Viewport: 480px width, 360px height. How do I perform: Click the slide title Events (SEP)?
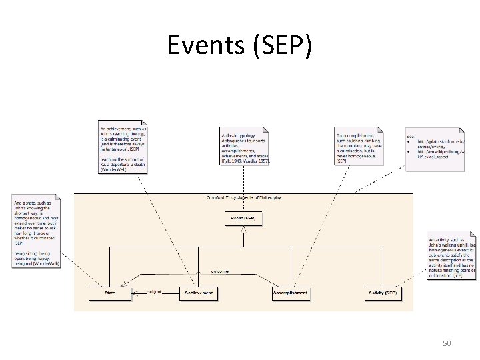point(239,45)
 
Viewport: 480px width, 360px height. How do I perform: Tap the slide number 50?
point(447,343)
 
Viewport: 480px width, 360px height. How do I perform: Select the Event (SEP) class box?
point(243,218)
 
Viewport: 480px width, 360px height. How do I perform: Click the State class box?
point(110,293)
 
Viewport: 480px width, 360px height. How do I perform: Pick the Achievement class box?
point(199,293)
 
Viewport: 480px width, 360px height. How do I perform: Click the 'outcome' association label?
point(220,271)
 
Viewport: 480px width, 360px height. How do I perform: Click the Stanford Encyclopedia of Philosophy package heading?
point(244,197)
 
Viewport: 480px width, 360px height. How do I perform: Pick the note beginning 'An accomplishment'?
point(359,146)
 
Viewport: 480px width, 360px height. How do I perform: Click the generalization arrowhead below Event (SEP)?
point(243,230)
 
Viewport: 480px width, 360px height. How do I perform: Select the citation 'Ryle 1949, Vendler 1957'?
point(243,161)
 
